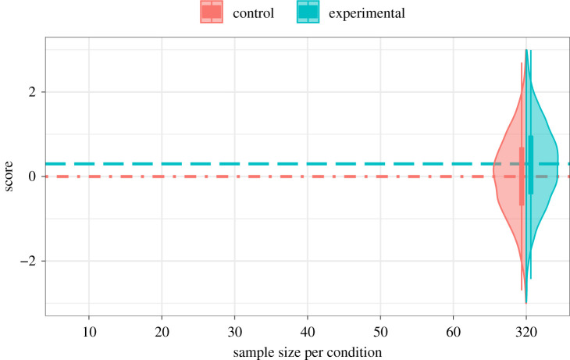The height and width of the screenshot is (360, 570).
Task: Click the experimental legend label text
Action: pyautogui.click(x=368, y=13)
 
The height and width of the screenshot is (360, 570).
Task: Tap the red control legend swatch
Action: pyautogui.click(x=212, y=12)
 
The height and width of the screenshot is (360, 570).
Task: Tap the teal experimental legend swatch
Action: pyautogui.click(x=308, y=12)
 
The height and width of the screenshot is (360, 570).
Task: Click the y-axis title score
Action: pyautogui.click(x=10, y=176)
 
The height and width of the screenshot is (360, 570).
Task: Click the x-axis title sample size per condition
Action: pyautogui.click(x=308, y=351)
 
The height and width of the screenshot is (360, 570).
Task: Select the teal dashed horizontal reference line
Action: pyautogui.click(x=234, y=164)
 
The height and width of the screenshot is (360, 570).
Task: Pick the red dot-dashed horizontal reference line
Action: pyautogui.click(x=234, y=176)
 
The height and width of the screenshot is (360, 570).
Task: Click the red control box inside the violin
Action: pyautogui.click(x=522, y=176)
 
